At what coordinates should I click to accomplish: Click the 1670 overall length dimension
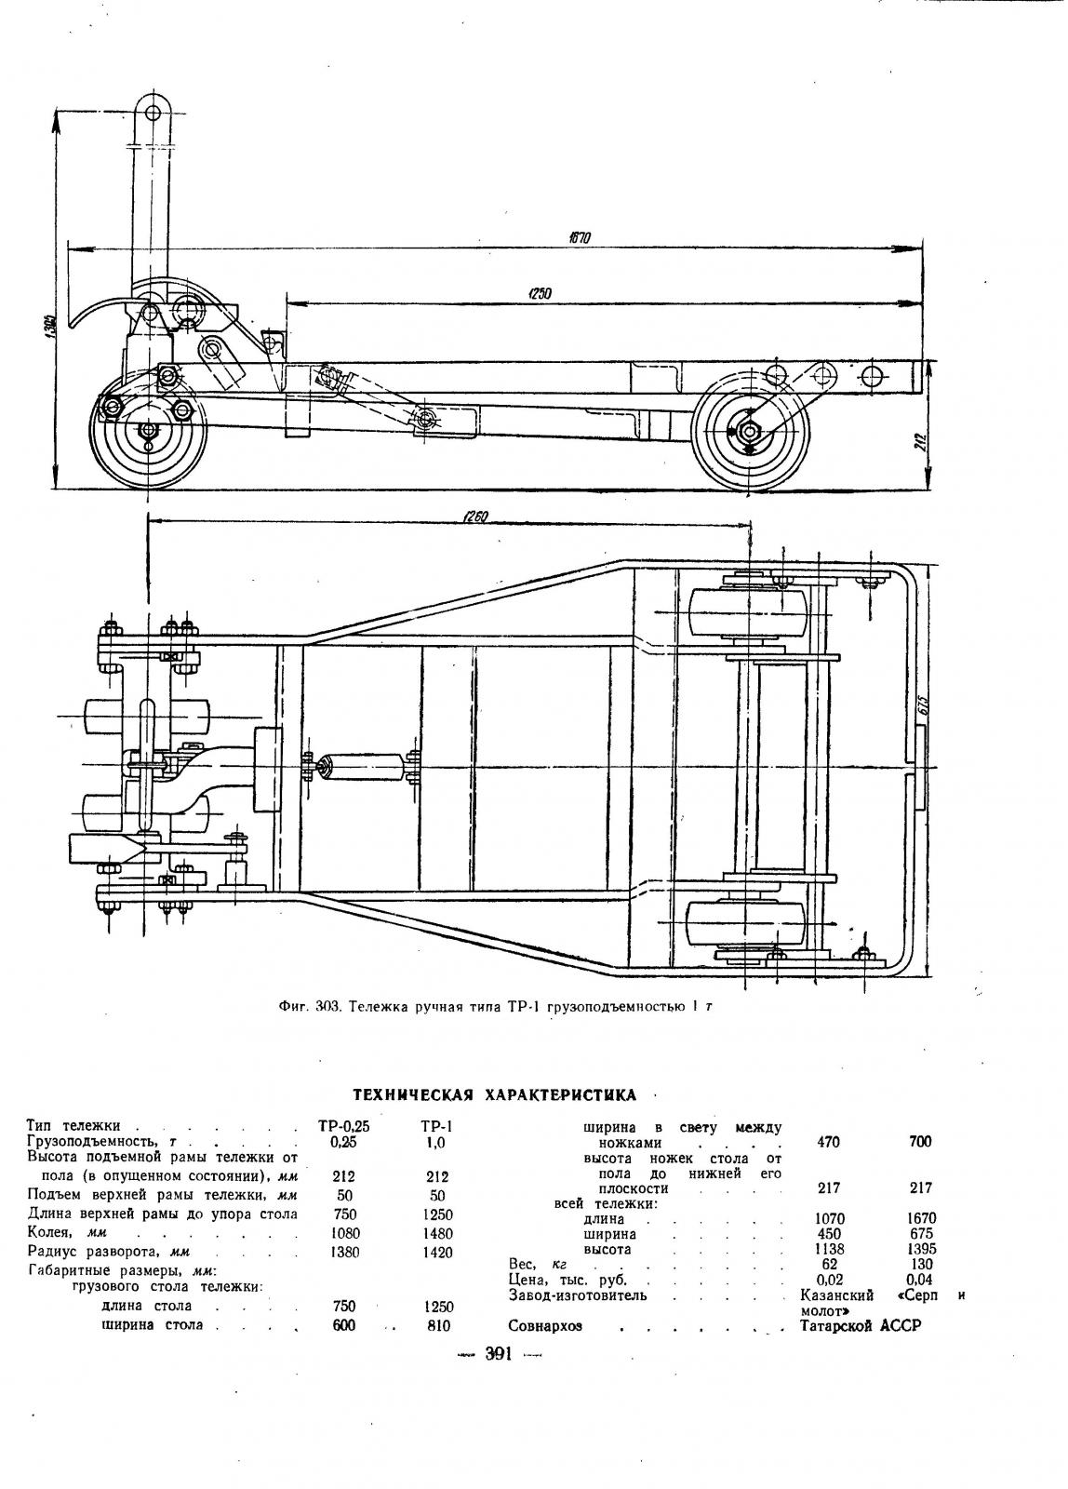point(581,238)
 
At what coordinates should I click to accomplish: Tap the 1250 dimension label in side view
point(539,292)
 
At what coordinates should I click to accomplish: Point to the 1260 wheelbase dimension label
point(474,516)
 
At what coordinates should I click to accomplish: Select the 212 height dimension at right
point(920,442)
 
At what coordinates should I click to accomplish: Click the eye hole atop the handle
point(154,112)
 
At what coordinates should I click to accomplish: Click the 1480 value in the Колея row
point(437,1233)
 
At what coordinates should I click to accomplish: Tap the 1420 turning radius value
point(437,1253)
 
